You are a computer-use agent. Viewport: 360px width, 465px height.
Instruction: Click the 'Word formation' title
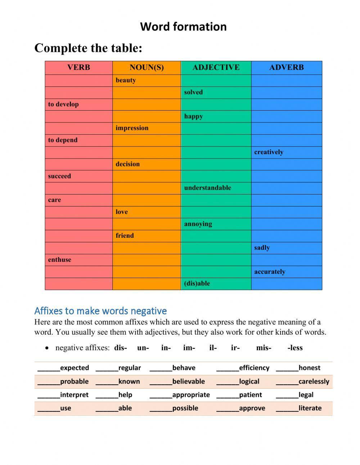[183, 27]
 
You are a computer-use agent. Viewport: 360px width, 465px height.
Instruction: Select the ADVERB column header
[287, 67]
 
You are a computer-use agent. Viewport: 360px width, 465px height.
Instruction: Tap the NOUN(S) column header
[147, 67]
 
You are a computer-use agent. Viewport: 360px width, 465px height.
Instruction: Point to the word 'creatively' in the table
[269, 152]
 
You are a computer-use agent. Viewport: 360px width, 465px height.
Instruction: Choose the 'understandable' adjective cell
[207, 188]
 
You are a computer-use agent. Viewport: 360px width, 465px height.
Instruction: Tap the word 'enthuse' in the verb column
[60, 260]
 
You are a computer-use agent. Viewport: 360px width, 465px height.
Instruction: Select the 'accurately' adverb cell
[270, 272]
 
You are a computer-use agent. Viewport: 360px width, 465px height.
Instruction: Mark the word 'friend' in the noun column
[125, 236]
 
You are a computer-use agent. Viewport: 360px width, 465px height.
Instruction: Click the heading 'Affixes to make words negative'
[100, 310]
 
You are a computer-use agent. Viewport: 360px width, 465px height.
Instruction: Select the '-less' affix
[295, 348]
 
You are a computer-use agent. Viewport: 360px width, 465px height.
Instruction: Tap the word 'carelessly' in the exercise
[314, 381]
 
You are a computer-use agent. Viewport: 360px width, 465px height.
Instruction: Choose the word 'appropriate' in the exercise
[191, 395]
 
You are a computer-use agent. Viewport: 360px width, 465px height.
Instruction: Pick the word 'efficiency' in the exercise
[254, 368]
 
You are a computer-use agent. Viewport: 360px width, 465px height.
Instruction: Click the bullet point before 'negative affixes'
[47, 348]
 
